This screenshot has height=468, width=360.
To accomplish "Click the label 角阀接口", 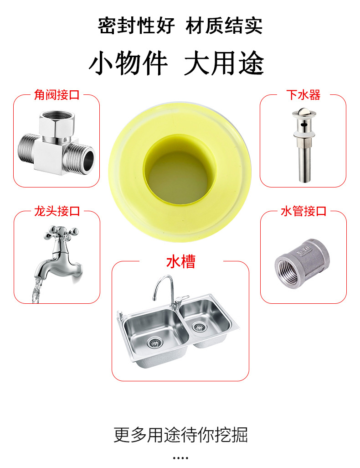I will pos(57,95).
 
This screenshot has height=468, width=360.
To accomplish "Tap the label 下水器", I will pos(303,95).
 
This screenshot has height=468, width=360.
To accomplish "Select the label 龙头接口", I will pos(57,211).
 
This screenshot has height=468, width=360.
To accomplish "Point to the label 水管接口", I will pos(303,211).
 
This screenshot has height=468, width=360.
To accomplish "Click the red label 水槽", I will pos(180,262).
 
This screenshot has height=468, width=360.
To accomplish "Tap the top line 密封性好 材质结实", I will pos(180,26).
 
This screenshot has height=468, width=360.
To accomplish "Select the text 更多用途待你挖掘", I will pos(180,435).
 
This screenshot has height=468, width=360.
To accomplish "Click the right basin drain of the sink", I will pos(198,327).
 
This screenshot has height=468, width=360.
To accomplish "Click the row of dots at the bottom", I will pos(180,458).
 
